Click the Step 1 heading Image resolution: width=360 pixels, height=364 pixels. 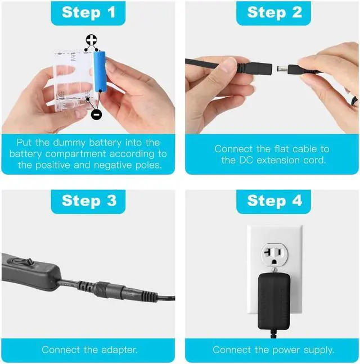tap(88, 12)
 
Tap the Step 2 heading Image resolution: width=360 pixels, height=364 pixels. tap(274, 12)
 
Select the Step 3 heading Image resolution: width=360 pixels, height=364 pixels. tap(89, 201)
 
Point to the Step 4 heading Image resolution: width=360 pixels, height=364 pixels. tap(274, 201)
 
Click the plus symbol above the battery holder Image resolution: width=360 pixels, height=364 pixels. tap(91, 40)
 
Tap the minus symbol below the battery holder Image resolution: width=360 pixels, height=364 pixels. tap(96, 114)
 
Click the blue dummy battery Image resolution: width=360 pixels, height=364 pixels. tap(100, 71)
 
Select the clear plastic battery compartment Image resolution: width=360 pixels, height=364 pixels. tap(74, 80)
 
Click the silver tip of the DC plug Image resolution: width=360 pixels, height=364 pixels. tap(282, 69)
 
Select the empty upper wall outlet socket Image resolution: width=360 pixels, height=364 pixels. tap(274, 255)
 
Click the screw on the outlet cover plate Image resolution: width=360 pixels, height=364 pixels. tap(274, 270)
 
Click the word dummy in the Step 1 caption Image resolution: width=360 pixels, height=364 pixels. tap(69, 143)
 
